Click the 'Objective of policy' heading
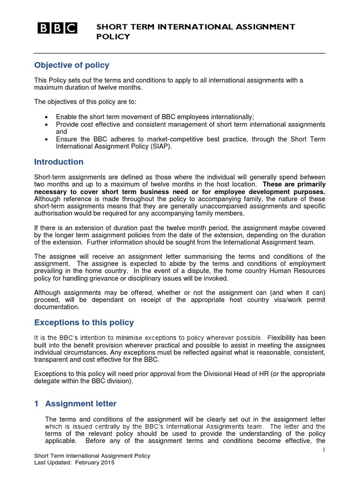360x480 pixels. pos(72,65)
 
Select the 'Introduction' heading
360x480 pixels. pos(59,162)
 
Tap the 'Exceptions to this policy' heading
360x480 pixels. pos(84,322)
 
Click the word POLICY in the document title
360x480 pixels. pos(113,37)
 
